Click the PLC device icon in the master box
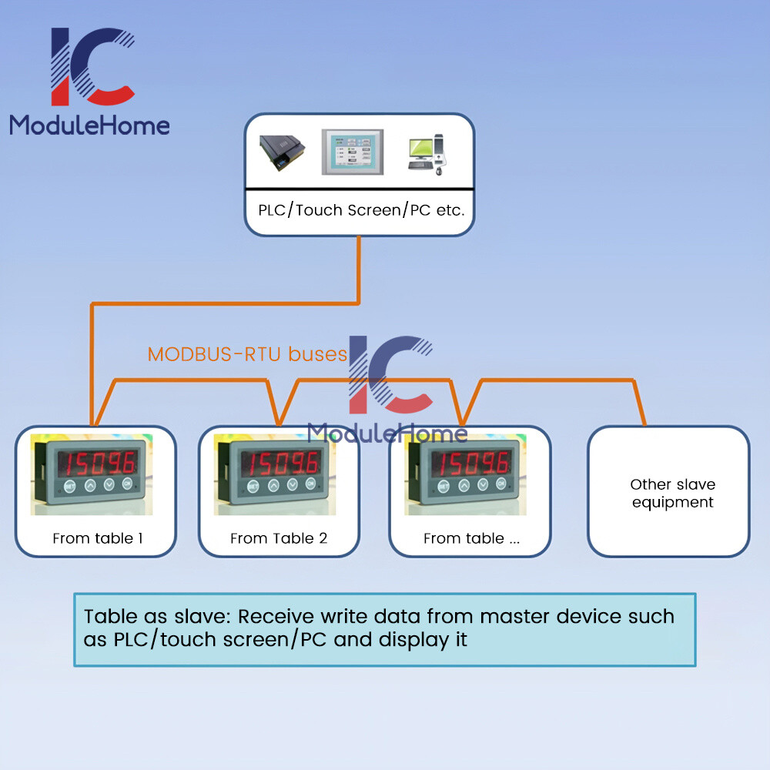coord(282,152)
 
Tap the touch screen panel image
coord(352,152)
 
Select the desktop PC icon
coord(427,154)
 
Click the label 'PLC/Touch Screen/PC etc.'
coord(361,210)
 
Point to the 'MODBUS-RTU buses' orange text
coord(247,354)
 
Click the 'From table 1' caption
coord(97,538)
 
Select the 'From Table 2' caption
coord(279,538)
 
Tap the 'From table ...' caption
coord(471,538)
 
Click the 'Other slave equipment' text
coord(672,493)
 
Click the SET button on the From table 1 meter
coord(70,487)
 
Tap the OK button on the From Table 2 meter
coord(310,484)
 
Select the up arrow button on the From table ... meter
coord(464,486)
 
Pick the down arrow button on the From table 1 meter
coord(109,484)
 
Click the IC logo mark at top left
coord(92,66)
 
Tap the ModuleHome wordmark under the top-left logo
coord(89,126)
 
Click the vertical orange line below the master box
coord(359,269)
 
